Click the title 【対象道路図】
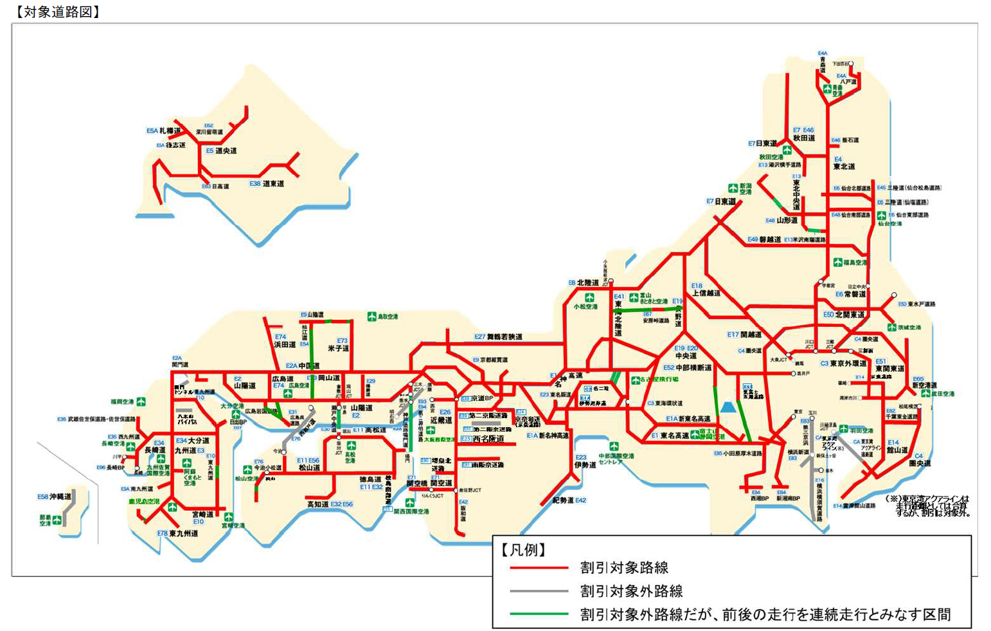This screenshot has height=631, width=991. [57, 12]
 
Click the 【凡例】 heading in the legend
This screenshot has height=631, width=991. [523, 550]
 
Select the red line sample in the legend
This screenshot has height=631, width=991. [539, 568]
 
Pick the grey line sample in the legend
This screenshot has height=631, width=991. [539, 591]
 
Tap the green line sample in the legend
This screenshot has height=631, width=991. [539, 614]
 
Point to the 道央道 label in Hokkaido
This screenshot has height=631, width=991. [226, 151]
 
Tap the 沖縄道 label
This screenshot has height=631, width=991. [60, 497]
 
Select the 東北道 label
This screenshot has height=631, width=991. [844, 166]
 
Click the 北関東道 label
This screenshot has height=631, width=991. [850, 315]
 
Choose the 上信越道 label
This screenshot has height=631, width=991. [706, 293]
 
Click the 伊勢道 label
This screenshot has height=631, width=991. [585, 464]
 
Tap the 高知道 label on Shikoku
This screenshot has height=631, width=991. [317, 504]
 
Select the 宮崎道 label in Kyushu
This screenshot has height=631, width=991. [203, 515]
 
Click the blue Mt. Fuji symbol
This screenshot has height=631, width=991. [728, 407]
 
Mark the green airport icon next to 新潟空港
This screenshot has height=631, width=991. [733, 188]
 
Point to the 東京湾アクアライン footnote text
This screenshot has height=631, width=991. [932, 506]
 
